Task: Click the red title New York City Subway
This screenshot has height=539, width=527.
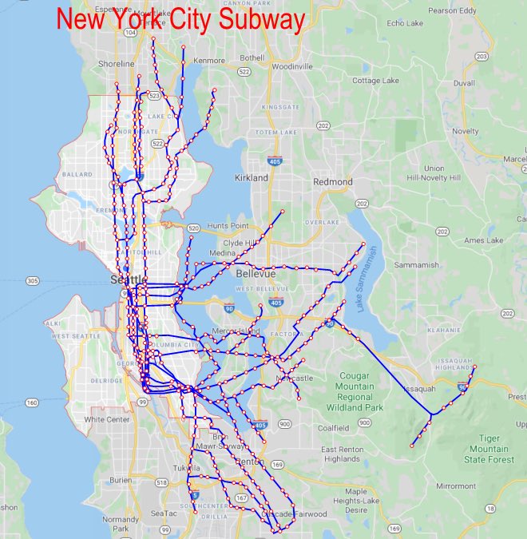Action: coord(180,20)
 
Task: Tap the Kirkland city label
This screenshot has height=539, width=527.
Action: coord(252,177)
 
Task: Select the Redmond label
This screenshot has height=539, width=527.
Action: coord(332,182)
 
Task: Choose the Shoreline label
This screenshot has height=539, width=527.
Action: coord(116,64)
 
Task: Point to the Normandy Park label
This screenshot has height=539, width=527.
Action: coord(121,524)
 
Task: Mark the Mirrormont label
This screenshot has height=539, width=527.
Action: coord(456,485)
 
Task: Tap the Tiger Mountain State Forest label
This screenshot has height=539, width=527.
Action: coord(486,448)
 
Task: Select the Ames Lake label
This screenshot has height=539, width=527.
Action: coord(484,240)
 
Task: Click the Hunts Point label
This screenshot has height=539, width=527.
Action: coord(228,227)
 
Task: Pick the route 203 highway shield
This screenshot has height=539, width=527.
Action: coord(481,57)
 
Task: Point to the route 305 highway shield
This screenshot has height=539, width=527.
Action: coord(33,281)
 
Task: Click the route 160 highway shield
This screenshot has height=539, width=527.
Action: coord(32,402)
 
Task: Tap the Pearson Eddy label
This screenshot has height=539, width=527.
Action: coord(452,11)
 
